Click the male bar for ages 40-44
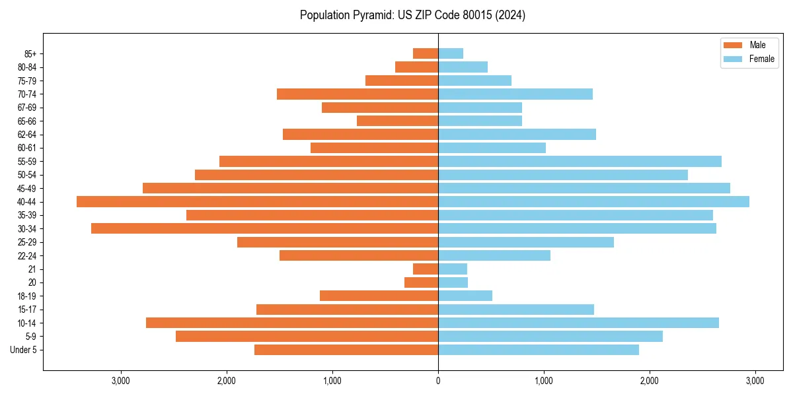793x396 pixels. [258, 202]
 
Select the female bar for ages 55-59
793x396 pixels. [580, 162]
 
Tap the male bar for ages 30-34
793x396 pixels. [264, 228]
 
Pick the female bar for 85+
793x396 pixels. [451, 53]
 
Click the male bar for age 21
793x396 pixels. [426, 269]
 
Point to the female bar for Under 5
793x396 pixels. [539, 350]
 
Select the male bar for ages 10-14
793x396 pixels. [292, 323]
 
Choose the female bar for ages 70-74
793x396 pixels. [515, 94]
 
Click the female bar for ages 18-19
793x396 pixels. [465, 296]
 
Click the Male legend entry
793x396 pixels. [749, 45]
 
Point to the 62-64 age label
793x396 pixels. [27, 135]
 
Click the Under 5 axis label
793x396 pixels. [23, 350]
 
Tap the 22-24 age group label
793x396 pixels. [27, 255]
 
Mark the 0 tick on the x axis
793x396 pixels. [438, 381]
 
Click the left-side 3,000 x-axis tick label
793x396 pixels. [120, 381]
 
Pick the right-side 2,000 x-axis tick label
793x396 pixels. [650, 381]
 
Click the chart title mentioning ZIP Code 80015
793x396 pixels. [412, 15]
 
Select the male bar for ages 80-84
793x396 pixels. [416, 67]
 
